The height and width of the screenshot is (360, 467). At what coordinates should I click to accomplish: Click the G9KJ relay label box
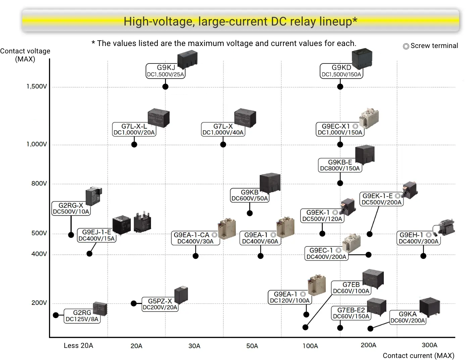(x=166, y=71)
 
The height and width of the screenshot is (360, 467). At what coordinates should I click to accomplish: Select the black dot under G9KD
(x=340, y=87)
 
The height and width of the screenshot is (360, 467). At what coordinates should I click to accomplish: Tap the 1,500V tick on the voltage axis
(x=37, y=87)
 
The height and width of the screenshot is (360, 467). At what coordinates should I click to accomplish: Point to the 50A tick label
(x=252, y=346)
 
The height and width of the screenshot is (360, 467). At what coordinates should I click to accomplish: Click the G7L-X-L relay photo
(x=158, y=118)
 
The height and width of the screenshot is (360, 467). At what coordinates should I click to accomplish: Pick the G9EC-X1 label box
(x=340, y=129)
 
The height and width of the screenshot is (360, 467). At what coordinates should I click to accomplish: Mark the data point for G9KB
(x=250, y=213)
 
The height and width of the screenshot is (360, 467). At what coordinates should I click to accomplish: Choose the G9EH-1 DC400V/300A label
(x=418, y=238)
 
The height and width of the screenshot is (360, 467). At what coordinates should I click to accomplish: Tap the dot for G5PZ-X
(x=134, y=304)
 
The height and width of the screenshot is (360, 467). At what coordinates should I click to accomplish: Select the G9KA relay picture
(x=429, y=307)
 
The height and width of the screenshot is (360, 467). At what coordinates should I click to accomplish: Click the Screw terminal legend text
(x=434, y=46)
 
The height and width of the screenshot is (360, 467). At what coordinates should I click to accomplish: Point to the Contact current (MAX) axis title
(x=418, y=356)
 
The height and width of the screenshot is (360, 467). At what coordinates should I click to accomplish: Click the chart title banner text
(x=240, y=21)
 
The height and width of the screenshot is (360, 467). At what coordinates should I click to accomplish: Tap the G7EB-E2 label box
(x=351, y=313)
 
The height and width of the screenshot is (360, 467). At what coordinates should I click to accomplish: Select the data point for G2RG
(x=56, y=315)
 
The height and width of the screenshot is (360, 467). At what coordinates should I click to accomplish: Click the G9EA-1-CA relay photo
(x=227, y=229)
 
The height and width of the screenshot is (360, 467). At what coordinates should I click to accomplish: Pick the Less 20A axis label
(x=78, y=346)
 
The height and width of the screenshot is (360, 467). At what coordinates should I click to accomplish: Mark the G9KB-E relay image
(x=365, y=155)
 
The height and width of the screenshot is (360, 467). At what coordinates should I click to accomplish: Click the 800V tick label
(x=39, y=184)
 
